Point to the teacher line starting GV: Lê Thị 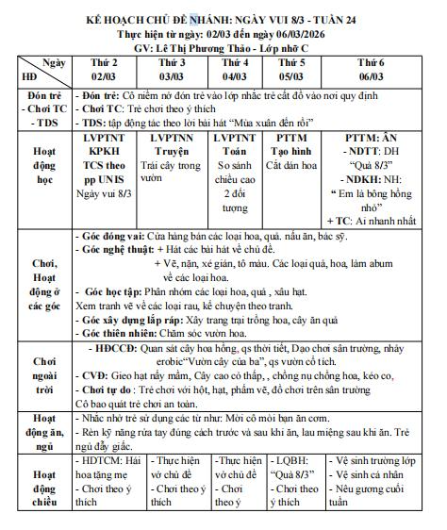(223, 43)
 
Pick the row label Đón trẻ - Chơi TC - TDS (35, 110)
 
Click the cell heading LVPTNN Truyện (171, 143)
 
